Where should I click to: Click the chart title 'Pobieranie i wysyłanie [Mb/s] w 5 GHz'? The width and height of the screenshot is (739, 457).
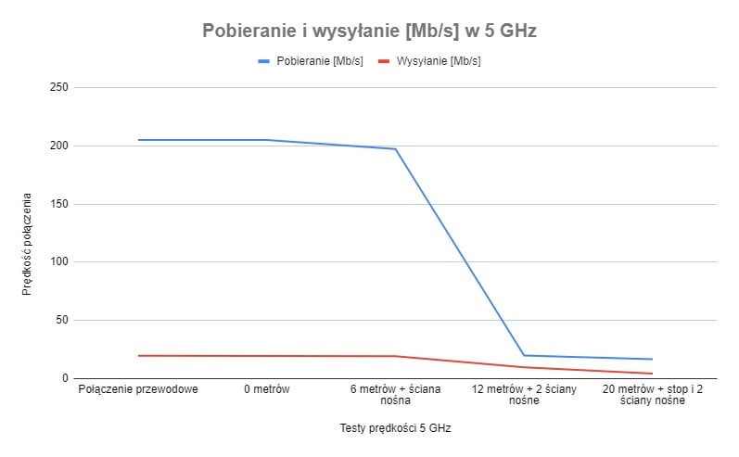click(x=369, y=31)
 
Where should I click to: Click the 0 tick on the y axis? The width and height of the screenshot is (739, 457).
click(x=65, y=378)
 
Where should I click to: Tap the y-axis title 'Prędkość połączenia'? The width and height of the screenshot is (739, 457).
click(x=27, y=244)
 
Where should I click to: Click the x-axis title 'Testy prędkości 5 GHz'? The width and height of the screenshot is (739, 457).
click(x=395, y=428)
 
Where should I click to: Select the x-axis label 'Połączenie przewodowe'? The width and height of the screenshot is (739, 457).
click(x=138, y=389)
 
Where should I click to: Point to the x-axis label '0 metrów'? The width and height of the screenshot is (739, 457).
click(x=267, y=389)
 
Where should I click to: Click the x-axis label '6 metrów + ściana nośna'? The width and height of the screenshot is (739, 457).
click(x=396, y=395)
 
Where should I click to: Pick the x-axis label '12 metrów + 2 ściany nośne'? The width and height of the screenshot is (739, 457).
click(x=524, y=395)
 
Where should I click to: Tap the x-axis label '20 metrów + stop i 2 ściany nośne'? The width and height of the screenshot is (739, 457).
click(x=653, y=395)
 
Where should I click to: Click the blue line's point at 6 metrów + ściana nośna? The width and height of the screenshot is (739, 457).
click(x=396, y=149)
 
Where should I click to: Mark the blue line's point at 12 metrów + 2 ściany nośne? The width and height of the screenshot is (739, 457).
click(x=524, y=356)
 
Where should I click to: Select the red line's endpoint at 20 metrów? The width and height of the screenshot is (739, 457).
click(x=653, y=374)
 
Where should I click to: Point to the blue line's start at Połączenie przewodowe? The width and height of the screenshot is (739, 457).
click(x=138, y=140)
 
